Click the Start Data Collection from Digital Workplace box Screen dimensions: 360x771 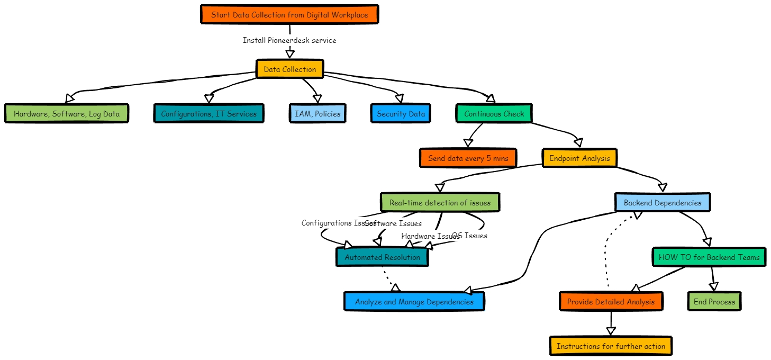[x=289, y=15]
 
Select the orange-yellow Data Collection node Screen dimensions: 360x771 [x=289, y=69]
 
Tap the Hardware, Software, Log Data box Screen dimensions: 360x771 [x=67, y=114]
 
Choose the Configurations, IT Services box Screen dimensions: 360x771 [x=208, y=114]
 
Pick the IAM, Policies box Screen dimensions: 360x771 [x=317, y=114]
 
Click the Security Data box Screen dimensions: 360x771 [x=401, y=114]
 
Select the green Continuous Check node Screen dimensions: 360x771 [x=494, y=114]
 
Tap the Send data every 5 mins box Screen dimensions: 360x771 [x=468, y=158]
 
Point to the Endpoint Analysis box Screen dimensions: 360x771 [x=579, y=158]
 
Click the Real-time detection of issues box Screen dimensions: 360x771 [x=440, y=203]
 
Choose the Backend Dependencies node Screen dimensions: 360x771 [x=662, y=203]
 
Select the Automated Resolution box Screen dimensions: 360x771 [x=382, y=257]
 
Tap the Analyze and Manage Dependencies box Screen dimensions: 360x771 [x=414, y=302]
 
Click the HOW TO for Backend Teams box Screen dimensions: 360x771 [x=709, y=257]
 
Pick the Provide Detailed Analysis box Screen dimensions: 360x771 [x=611, y=302]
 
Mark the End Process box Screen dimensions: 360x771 [x=714, y=302]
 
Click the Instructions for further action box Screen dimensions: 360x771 [x=611, y=346]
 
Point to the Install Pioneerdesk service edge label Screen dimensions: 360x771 [x=289, y=40]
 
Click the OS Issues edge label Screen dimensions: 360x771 [x=469, y=236]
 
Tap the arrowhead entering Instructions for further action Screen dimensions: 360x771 [x=611, y=332]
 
